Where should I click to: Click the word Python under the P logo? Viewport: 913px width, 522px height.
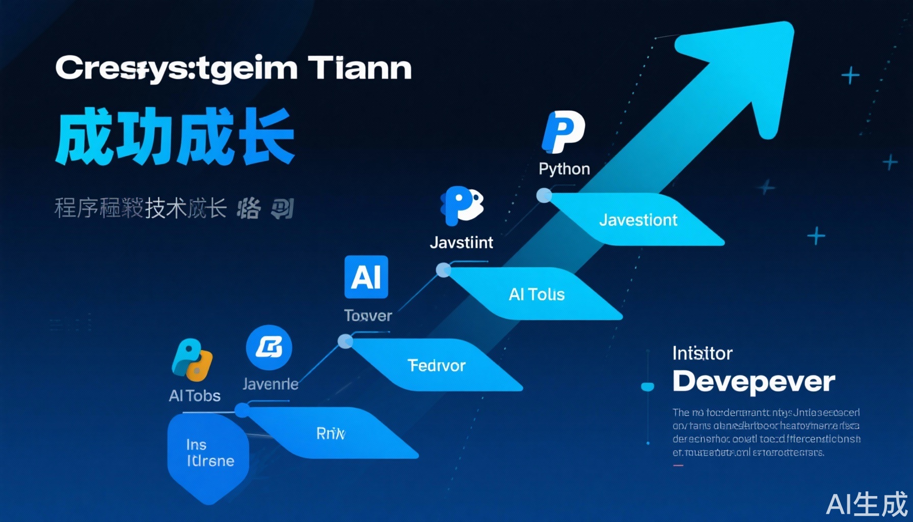click(564, 169)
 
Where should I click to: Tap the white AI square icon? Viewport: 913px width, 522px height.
click(366, 277)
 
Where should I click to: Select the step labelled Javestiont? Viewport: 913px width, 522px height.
click(638, 220)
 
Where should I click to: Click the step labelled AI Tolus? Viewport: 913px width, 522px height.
click(536, 294)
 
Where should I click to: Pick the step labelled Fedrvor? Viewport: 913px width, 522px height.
click(436, 365)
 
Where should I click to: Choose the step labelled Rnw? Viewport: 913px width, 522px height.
click(331, 433)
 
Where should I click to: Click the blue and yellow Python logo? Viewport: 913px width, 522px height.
click(192, 360)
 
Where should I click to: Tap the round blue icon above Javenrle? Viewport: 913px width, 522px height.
click(269, 348)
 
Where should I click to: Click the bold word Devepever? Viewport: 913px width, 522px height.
click(754, 381)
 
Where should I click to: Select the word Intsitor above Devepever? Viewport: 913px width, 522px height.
click(702, 353)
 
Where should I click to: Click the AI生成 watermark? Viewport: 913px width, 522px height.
click(867, 504)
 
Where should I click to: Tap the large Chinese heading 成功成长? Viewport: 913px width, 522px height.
click(175, 136)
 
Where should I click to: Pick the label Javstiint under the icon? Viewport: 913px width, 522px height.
click(461, 242)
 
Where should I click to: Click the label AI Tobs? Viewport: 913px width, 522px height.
click(195, 396)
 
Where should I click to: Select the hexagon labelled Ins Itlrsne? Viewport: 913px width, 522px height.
click(208, 454)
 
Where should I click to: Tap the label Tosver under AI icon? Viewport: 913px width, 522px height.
click(368, 316)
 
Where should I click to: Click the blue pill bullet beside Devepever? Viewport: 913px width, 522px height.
click(648, 387)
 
